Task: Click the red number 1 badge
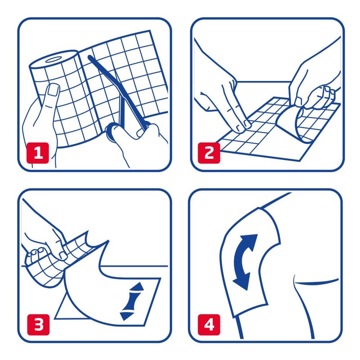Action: (38, 153)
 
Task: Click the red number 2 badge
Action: (209, 153)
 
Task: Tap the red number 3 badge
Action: (38, 324)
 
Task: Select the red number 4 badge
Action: (209, 324)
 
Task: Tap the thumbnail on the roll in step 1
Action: (54, 90)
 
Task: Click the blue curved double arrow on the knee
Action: (243, 262)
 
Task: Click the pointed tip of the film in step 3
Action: (108, 241)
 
